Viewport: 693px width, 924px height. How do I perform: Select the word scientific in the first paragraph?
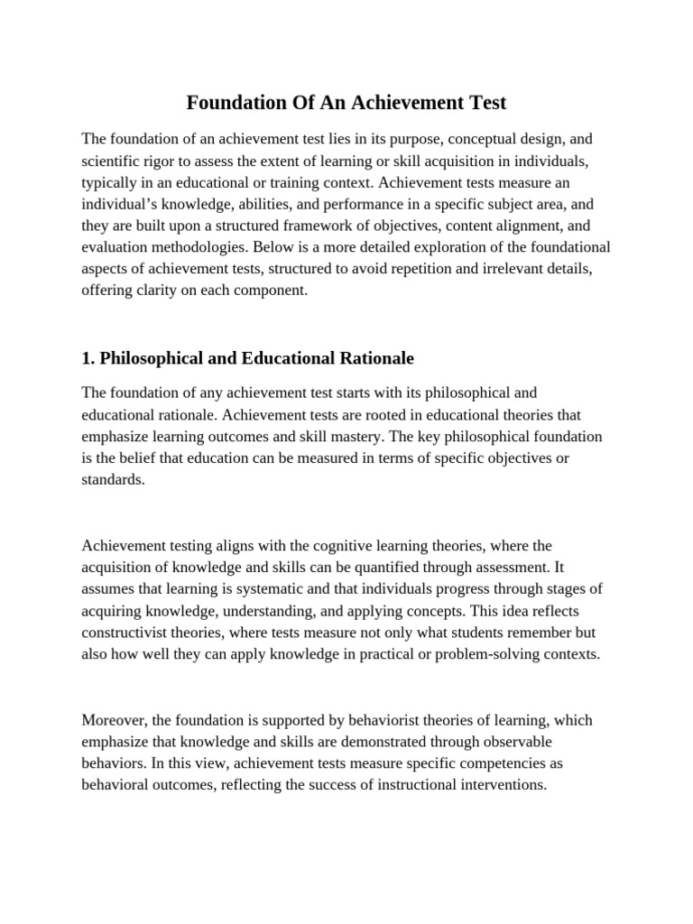click(x=114, y=161)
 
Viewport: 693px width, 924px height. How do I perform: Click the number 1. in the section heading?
click(x=88, y=358)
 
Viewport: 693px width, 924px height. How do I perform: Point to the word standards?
click(x=112, y=480)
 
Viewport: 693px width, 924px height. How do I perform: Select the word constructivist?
click(x=127, y=633)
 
